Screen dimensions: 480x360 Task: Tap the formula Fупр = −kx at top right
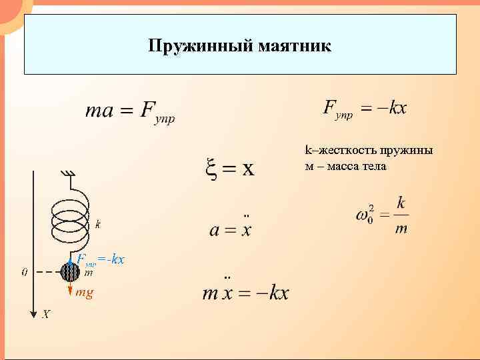click(x=365, y=109)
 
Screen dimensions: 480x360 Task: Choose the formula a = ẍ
click(x=231, y=229)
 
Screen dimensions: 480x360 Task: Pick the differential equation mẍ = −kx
click(x=245, y=292)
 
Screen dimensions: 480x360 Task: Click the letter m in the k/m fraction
click(x=401, y=229)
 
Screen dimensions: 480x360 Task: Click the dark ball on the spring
click(x=69, y=272)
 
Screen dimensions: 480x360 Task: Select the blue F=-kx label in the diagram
click(x=100, y=259)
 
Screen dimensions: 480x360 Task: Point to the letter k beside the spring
click(x=99, y=224)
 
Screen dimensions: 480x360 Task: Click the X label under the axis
click(x=46, y=314)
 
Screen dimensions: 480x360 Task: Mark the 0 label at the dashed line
click(x=25, y=272)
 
